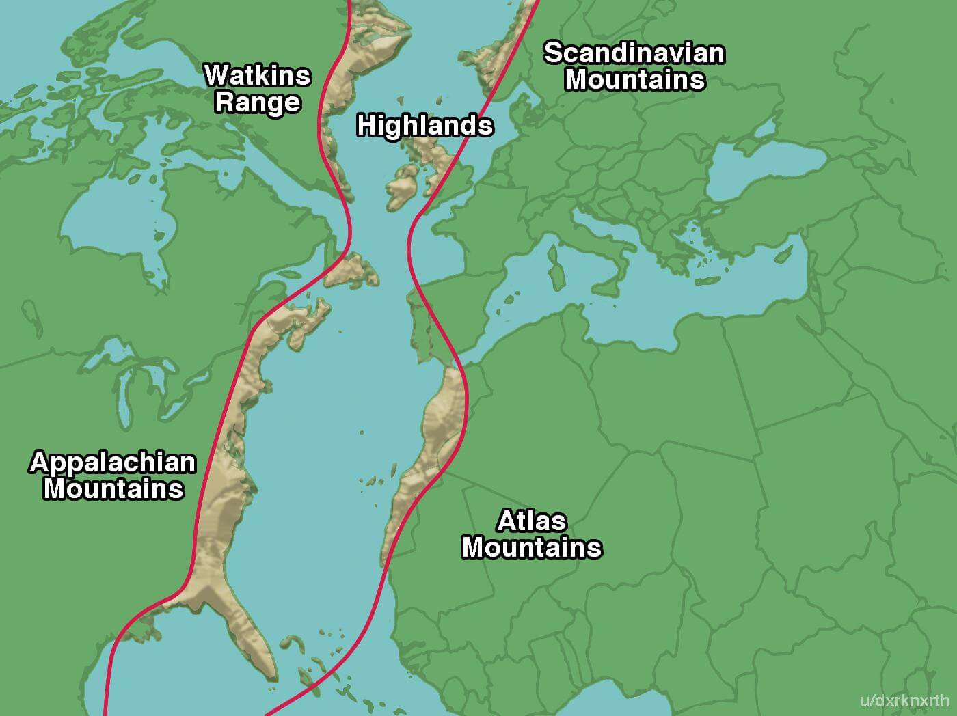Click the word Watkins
click(258, 75)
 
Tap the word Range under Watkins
click(258, 102)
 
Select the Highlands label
click(424, 126)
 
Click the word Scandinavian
click(634, 53)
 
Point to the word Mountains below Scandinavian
click(634, 80)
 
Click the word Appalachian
click(113, 463)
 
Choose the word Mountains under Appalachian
click(113, 489)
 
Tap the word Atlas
click(531, 521)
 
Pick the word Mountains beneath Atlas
click(531, 548)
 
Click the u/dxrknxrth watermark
click(904, 700)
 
